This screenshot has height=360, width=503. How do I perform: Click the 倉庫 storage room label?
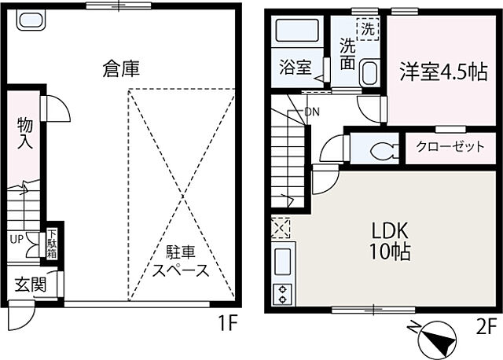(x=120, y=69)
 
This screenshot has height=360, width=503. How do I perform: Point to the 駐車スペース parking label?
(x=180, y=262)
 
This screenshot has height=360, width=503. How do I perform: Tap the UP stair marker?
(x=17, y=238)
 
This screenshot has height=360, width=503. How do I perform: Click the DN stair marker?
(x=312, y=111)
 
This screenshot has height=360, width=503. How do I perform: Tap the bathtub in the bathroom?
(x=297, y=32)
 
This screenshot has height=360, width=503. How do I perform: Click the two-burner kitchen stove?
(x=281, y=294)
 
